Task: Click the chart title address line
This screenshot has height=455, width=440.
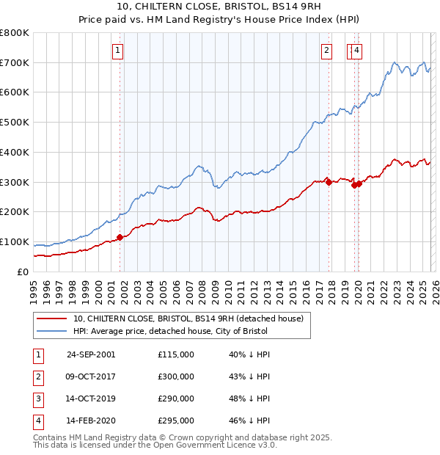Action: (219, 8)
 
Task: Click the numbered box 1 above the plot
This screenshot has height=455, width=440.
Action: (118, 50)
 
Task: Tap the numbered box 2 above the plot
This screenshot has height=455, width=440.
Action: (326, 50)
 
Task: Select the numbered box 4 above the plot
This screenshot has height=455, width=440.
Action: (357, 50)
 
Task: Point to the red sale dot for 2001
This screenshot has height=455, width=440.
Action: (120, 236)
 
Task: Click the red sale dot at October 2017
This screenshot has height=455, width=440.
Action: (328, 182)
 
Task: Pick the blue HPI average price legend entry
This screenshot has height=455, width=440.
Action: (170, 331)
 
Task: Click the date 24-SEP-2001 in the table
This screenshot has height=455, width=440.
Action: (91, 354)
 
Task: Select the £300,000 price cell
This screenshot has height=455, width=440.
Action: (176, 376)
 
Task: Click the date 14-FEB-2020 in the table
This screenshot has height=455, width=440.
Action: (91, 421)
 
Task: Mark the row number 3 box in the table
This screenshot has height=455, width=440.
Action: (37, 398)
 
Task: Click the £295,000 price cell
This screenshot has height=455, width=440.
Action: (176, 421)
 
